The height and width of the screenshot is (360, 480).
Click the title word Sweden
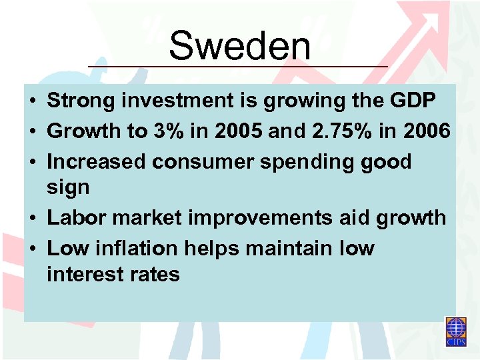pos(239,47)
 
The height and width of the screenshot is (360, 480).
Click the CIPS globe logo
pos(457,331)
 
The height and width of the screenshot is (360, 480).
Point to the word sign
pos(67,189)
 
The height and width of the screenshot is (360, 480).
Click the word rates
pos(155,275)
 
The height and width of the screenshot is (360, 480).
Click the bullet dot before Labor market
pos(31,219)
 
